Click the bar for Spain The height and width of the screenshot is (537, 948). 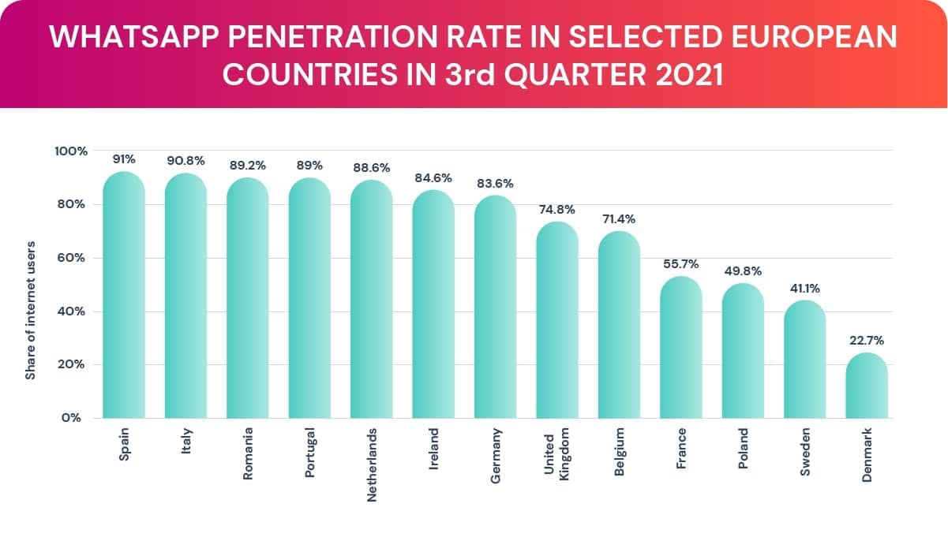click(124, 296)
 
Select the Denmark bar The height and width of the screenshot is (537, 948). click(866, 386)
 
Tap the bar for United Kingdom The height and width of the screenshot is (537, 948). click(556, 320)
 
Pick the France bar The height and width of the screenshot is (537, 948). click(680, 348)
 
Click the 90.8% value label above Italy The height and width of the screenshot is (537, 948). click(185, 161)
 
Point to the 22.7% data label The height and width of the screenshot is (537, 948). click(866, 341)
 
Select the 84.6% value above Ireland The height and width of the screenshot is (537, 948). click(433, 178)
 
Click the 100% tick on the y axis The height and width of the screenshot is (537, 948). click(71, 151)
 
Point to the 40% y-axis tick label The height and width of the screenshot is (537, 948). click(73, 311)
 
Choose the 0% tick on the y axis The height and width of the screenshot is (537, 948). click(75, 418)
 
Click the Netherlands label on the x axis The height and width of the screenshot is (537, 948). click(372, 464)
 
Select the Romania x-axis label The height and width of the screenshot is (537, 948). click(248, 455)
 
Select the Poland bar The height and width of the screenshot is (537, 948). click(742, 351)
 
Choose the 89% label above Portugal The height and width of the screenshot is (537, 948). click(309, 166)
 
